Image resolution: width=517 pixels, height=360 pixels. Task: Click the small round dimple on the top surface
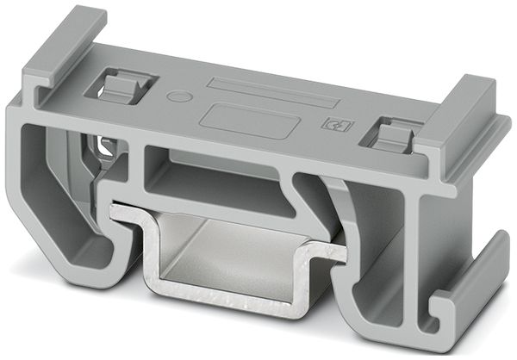(x=178, y=96)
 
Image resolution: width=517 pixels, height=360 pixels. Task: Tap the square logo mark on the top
(x=331, y=124)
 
